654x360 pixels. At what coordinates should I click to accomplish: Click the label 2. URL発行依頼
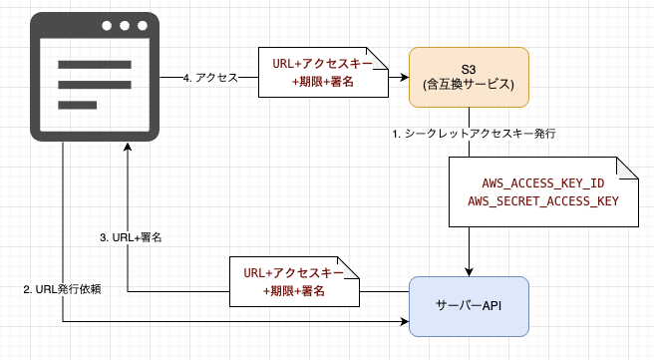click(63, 288)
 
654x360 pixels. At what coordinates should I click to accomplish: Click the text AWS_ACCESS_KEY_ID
click(542, 183)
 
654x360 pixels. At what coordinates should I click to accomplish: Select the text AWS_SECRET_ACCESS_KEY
click(542, 201)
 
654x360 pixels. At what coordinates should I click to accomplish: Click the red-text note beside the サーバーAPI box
click(293, 282)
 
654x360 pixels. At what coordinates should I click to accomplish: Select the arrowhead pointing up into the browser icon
click(128, 146)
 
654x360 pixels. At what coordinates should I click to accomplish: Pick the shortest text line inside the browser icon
click(77, 104)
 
